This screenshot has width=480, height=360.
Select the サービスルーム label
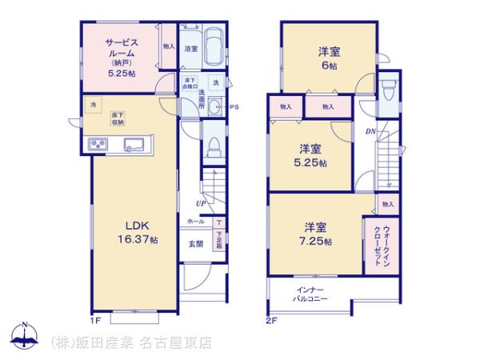point(119,49)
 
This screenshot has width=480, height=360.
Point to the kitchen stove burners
point(97,144)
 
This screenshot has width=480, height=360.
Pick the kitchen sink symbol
point(133,145)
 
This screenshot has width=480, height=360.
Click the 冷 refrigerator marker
point(93,105)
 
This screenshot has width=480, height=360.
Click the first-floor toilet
point(212,147)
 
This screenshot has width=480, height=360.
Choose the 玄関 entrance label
point(195,243)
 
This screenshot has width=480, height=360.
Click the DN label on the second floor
point(370,131)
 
